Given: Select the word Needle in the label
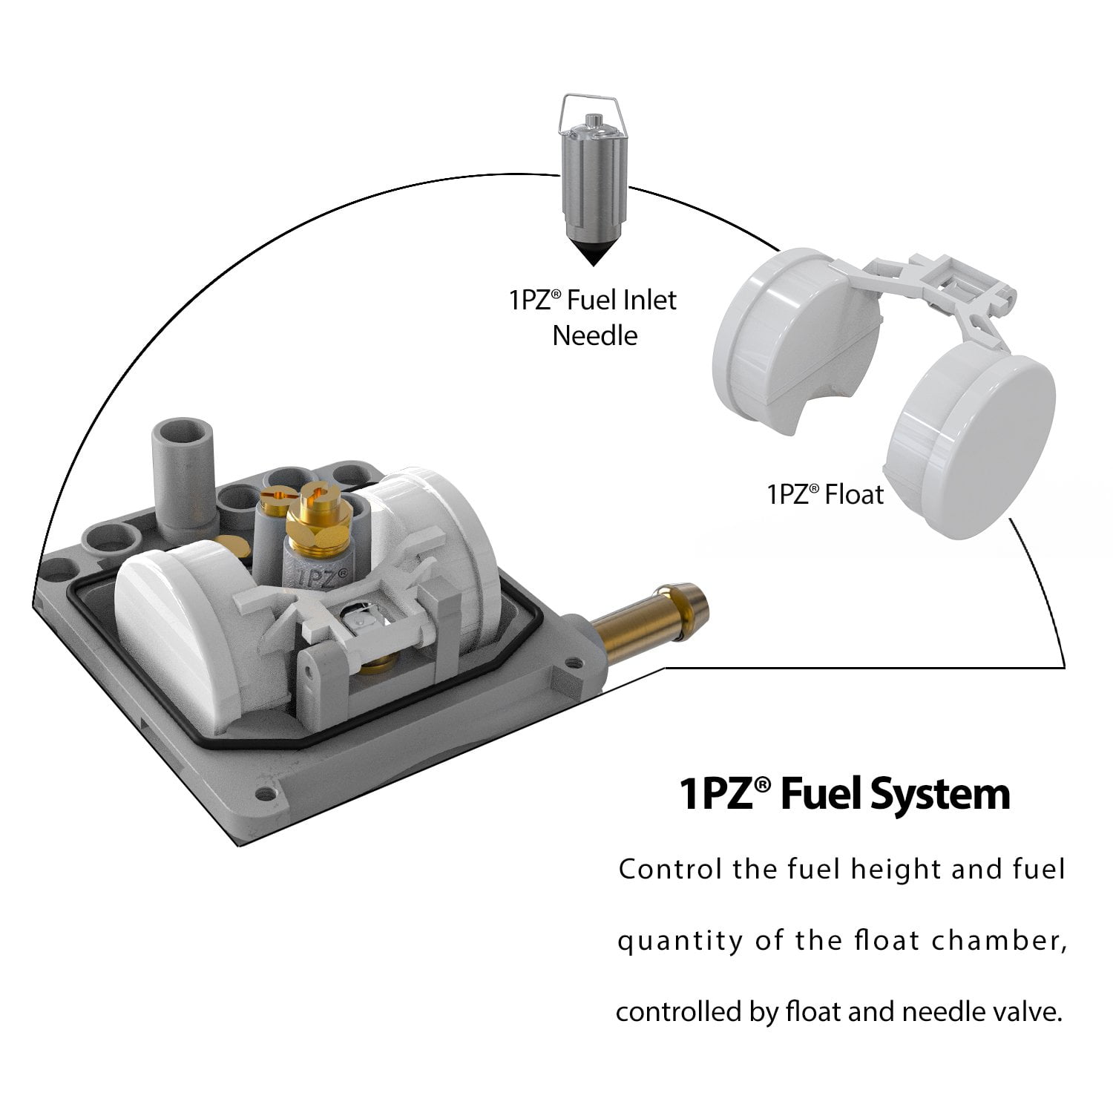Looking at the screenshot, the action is point(595,335).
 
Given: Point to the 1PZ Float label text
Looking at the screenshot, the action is point(826,494).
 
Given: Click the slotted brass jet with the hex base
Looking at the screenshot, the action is point(315,519).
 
